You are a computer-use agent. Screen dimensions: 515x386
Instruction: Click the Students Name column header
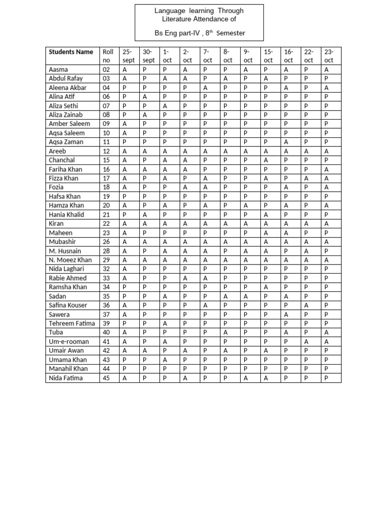pos(71,51)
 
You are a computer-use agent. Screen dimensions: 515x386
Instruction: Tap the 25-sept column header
pos(129,56)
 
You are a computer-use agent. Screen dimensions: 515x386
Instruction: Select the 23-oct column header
pos(329,56)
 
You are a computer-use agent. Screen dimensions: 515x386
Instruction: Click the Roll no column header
pos(108,56)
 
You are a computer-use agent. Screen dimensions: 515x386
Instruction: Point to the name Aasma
pos(58,69)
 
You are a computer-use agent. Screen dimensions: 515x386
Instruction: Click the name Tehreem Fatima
pos(72,323)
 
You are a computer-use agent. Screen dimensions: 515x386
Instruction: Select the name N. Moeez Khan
pos(70,260)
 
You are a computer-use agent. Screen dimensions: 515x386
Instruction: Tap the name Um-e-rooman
pos(66,341)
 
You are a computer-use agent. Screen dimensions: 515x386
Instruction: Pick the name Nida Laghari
pos(67,269)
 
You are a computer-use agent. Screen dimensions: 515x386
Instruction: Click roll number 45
pos(106,378)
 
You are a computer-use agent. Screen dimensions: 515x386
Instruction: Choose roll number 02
pos(106,69)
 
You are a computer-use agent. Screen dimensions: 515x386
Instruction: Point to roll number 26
pos(106,242)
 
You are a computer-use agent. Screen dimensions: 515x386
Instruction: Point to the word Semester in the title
pos(231,33)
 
